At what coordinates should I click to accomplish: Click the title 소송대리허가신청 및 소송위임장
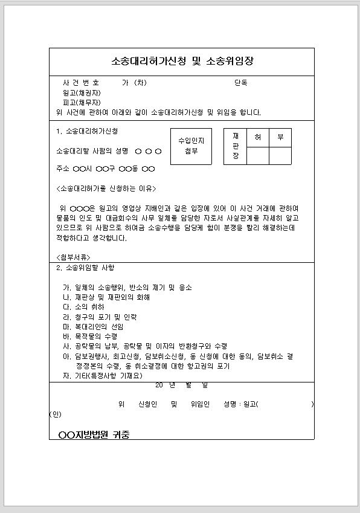pyautogui.click(x=182, y=62)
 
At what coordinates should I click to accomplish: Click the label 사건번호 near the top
pyautogui.click(x=82, y=83)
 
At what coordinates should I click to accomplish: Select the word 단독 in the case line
pyautogui.click(x=240, y=83)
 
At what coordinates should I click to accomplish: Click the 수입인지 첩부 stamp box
pyautogui.click(x=191, y=146)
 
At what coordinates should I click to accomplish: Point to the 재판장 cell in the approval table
pyautogui.click(x=235, y=146)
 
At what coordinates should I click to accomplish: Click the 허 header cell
pyautogui.click(x=258, y=137)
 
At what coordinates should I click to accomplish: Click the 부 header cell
pyautogui.click(x=280, y=137)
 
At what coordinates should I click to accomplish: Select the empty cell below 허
pyautogui.click(x=258, y=155)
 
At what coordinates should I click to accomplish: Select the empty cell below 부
pyautogui.click(x=280, y=155)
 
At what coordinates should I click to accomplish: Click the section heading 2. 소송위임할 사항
pyautogui.click(x=85, y=268)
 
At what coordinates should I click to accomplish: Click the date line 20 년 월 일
pyautogui.click(x=181, y=384)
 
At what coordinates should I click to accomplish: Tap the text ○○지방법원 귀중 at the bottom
pyautogui.click(x=94, y=434)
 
